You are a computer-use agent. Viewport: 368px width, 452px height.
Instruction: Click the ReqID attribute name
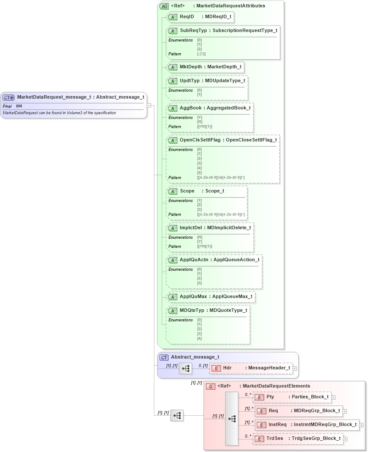tap(187, 17)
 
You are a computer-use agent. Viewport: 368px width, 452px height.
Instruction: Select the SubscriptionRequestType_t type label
tap(245, 31)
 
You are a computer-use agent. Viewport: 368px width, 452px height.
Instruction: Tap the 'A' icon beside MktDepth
tap(173, 67)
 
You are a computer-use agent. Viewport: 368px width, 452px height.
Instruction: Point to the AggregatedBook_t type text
tap(228, 108)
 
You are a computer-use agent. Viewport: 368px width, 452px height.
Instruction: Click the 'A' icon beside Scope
tap(173, 191)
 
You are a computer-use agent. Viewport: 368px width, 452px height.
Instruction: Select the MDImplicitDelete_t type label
tap(229, 228)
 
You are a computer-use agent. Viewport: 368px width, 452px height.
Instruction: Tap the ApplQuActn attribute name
tap(195, 260)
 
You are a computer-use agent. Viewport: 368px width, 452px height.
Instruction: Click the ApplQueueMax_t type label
tap(232, 297)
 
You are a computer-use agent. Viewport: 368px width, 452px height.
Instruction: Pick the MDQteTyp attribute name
tap(192, 310)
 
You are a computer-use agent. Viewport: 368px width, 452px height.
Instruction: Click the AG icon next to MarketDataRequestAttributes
tap(164, 6)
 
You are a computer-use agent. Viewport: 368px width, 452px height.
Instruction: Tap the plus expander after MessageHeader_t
tap(295, 368)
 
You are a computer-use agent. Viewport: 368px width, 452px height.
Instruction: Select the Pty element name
tap(270, 397)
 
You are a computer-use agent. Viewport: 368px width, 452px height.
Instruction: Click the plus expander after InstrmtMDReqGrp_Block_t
tap(362, 425)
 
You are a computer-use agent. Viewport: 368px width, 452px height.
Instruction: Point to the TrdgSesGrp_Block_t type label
tap(316, 438)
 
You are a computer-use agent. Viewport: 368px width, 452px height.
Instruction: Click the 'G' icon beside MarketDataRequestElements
tap(211, 386)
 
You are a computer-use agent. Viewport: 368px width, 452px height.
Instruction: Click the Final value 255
tap(19, 106)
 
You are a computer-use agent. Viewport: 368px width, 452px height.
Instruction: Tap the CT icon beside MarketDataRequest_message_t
tap(9, 97)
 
